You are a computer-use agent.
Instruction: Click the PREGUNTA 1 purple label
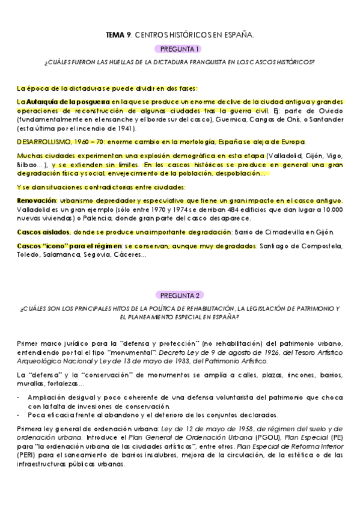180,48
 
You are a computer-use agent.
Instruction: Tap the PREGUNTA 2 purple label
180,295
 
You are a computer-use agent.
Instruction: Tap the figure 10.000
329,209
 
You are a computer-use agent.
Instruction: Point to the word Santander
325,120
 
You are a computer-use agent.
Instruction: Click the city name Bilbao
29,165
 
